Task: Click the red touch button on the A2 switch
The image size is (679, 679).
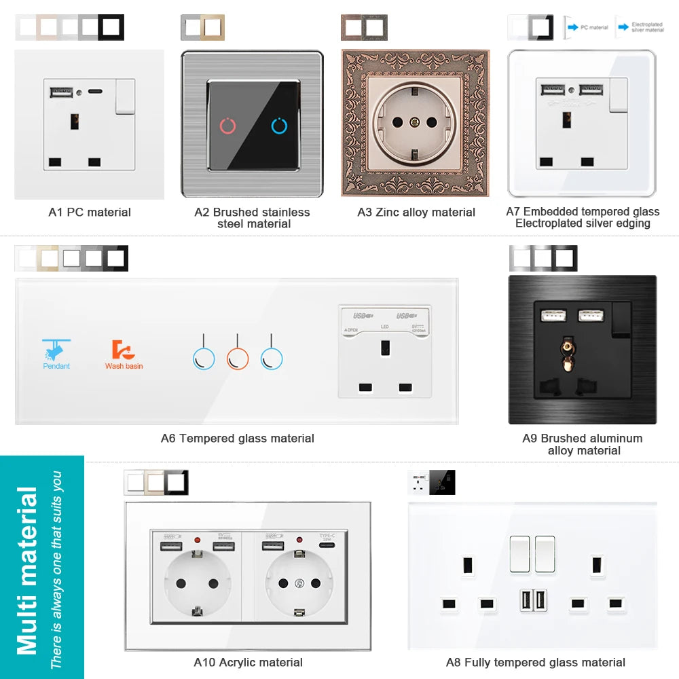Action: (228, 126)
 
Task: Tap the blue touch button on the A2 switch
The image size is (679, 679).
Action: (279, 126)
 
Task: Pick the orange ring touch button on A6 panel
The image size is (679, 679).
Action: (237, 358)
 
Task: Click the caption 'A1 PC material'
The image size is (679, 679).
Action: (90, 212)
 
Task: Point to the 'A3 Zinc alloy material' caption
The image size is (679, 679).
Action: (416, 212)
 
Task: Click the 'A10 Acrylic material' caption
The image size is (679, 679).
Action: (249, 662)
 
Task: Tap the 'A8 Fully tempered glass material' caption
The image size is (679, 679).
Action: (536, 662)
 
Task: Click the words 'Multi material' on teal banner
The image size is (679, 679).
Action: (27, 570)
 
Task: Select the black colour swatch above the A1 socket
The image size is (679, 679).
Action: (111, 27)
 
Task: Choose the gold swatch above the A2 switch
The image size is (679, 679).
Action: (213, 27)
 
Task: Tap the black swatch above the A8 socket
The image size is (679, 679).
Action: (443, 483)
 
